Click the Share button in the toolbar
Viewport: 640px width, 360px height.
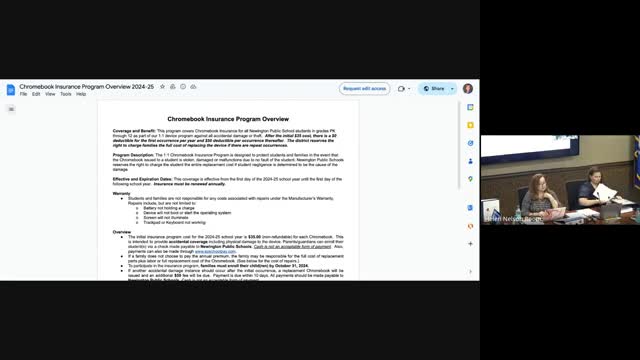pyautogui.click(x=435, y=88)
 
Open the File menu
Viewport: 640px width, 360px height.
pyautogui.click(x=23, y=94)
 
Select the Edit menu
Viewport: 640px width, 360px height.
pyautogui.click(x=36, y=94)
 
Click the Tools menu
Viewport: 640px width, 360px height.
pyautogui.click(x=65, y=94)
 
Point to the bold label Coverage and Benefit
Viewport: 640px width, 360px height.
pyautogui.click(x=134, y=131)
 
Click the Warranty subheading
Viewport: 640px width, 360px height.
pyautogui.click(x=120, y=194)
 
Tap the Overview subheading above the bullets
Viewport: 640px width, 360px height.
pyautogui.click(x=121, y=232)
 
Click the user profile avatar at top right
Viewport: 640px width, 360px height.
pyautogui.click(x=468, y=88)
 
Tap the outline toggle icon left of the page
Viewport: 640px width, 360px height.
pyautogui.click(x=12, y=110)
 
